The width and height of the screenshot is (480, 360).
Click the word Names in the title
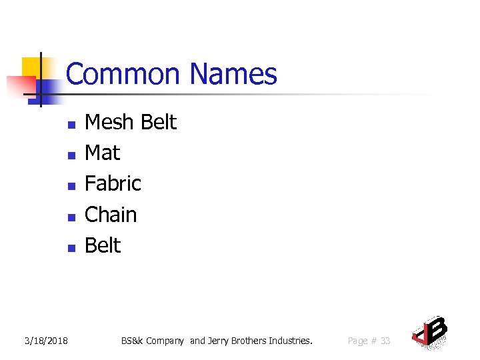[233, 74]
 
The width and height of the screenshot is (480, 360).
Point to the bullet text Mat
[103, 153]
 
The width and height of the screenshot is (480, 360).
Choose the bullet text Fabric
[113, 183]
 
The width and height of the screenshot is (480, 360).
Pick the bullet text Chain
[111, 215]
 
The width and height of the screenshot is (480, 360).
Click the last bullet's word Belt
[103, 245]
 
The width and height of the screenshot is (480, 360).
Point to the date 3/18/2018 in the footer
[46, 341]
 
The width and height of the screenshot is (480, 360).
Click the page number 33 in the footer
[385, 341]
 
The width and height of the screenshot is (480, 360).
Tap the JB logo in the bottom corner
[429, 331]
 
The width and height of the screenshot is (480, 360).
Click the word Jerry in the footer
[218, 341]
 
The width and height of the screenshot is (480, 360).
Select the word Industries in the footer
[290, 341]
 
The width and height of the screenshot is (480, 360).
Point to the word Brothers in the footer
[249, 341]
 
